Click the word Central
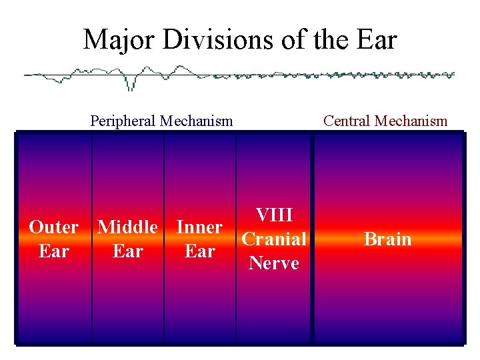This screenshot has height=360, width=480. (347, 121)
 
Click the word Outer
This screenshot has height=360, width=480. (53, 227)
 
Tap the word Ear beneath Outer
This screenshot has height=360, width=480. (53, 251)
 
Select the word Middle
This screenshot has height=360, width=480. (127, 227)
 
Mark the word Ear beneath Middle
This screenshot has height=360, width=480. (127, 251)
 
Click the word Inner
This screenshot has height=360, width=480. (199, 227)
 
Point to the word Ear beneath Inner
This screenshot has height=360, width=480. (199, 251)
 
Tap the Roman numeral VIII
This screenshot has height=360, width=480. (274, 215)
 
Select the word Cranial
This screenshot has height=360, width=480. (274, 239)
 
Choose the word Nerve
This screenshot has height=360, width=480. (274, 263)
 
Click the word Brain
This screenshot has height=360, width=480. (387, 239)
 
